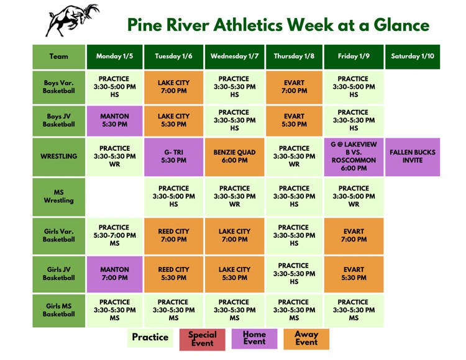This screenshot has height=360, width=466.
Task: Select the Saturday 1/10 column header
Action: pyautogui.click(x=413, y=56)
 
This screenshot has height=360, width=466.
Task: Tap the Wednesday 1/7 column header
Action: pyautogui.click(x=234, y=56)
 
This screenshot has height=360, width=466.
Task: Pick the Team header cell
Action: pyautogui.click(x=59, y=56)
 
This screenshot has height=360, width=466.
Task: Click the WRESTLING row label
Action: pyautogui.click(x=59, y=156)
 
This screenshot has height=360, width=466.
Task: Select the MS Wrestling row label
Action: pyautogui.click(x=59, y=196)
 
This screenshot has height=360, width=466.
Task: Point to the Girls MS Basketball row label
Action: pyautogui.click(x=59, y=310)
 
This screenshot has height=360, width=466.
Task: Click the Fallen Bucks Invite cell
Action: pyautogui.click(x=413, y=156)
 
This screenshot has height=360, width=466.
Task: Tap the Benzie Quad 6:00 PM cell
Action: pyautogui.click(x=234, y=156)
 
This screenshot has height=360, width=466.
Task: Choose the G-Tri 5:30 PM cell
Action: pyautogui.click(x=174, y=156)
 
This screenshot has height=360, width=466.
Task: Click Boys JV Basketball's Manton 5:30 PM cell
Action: pyautogui.click(x=114, y=120)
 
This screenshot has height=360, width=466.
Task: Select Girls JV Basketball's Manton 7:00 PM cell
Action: pyautogui.click(x=114, y=274)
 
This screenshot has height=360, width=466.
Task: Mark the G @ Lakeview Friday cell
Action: pyautogui.click(x=354, y=156)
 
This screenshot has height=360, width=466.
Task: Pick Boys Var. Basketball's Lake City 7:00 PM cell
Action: pyautogui.click(x=174, y=87)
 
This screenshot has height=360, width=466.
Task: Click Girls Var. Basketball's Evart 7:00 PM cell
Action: pyautogui.click(x=354, y=235)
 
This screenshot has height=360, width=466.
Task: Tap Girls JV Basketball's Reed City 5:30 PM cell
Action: pyautogui.click(x=174, y=274)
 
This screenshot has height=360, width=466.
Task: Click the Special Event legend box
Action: pyautogui.click(x=203, y=339)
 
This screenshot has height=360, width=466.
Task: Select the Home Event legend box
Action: pyautogui.click(x=254, y=338)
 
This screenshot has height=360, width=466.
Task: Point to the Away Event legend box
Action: pyautogui.click(x=306, y=338)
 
